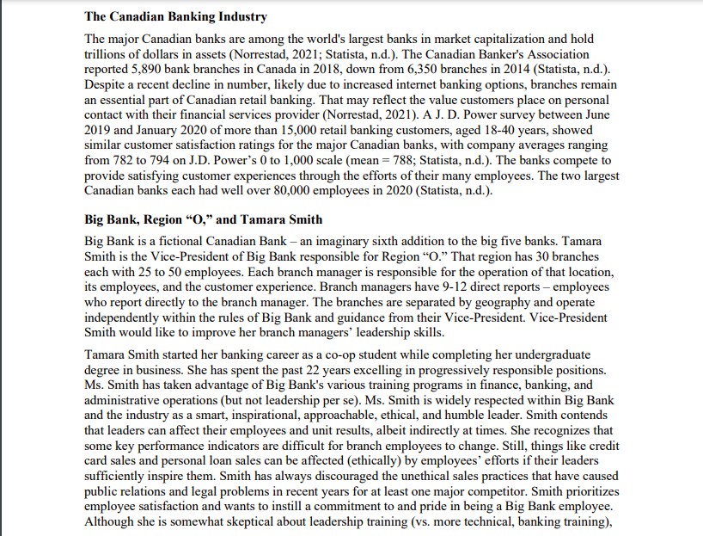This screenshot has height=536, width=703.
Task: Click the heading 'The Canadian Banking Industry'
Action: point(175,16)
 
